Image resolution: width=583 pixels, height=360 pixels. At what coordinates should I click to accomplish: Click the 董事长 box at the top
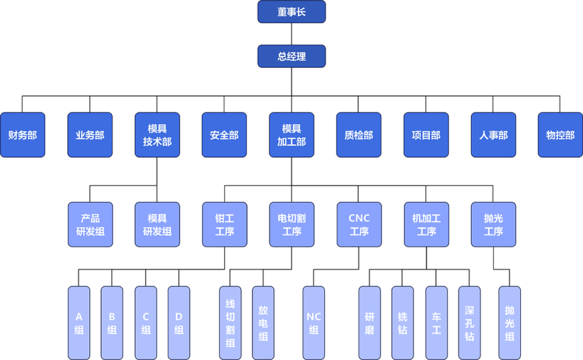[x=291, y=12]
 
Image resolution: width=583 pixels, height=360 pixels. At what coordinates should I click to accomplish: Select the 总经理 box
[x=291, y=56]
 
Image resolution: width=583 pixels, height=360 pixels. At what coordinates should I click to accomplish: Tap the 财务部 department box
[x=23, y=135]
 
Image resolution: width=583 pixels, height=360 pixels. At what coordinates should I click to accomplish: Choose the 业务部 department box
[x=90, y=135]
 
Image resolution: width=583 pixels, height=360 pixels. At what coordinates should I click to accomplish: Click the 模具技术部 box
[x=157, y=135]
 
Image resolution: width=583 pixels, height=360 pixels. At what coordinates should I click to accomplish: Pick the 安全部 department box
[x=224, y=135]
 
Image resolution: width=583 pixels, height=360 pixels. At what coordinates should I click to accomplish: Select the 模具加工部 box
[x=291, y=135]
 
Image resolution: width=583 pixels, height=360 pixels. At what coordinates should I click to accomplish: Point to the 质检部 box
[x=359, y=135]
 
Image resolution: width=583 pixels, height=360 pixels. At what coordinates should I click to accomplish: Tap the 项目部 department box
[x=426, y=135]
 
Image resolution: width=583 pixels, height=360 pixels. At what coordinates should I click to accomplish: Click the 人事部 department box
[x=493, y=135]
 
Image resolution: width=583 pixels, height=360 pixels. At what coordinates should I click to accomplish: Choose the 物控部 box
[x=560, y=135]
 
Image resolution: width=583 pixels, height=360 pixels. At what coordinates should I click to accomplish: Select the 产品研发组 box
[x=90, y=224]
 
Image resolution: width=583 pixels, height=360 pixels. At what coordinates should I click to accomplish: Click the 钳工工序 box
[x=224, y=224]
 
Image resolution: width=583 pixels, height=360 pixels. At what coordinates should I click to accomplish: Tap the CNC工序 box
[x=359, y=224]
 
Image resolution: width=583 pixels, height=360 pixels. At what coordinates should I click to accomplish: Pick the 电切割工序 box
[x=291, y=224]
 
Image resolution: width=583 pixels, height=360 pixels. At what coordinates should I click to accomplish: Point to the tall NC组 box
[x=313, y=322]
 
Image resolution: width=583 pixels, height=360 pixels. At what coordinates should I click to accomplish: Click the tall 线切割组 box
[x=230, y=322]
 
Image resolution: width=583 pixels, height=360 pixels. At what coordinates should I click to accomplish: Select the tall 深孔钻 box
[x=469, y=322]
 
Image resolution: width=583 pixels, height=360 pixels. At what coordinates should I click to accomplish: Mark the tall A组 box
[x=79, y=322]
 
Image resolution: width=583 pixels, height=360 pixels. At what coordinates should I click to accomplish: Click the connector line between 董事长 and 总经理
[x=291, y=34]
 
